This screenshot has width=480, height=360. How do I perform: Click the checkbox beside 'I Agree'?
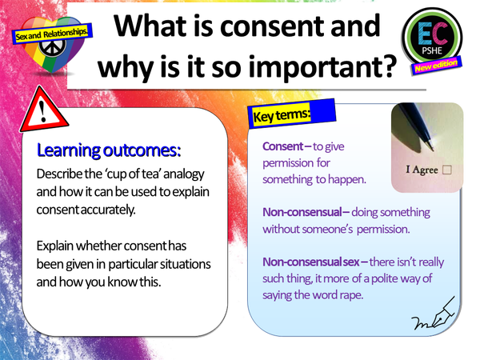pos(446,170)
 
